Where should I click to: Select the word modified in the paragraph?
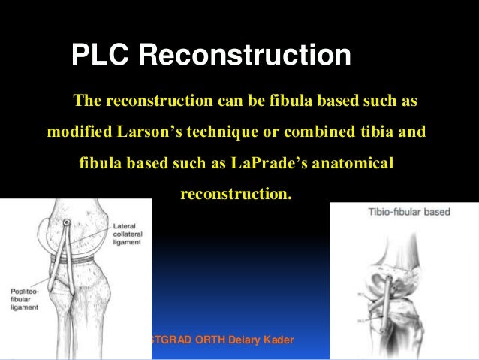point(78,132)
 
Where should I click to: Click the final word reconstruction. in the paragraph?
point(235,194)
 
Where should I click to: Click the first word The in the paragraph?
point(85,101)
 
